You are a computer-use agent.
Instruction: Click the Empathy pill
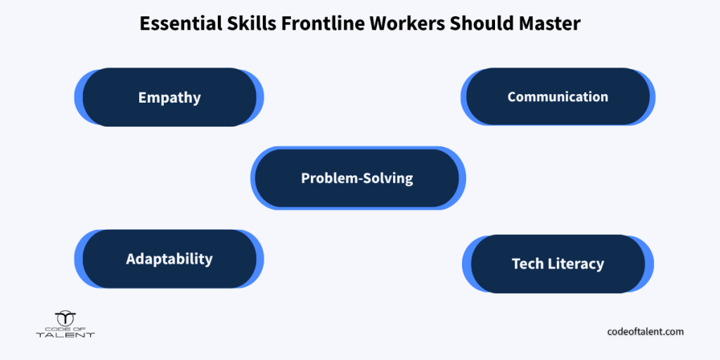click(169, 97)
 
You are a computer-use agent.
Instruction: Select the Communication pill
click(558, 96)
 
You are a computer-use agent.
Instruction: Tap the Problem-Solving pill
click(358, 178)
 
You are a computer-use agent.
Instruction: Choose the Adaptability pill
click(169, 259)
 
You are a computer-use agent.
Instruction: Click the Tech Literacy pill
click(558, 264)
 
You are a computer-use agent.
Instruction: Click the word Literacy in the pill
click(577, 264)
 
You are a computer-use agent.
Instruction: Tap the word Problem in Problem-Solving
click(328, 178)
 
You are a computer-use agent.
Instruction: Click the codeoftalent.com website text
click(645, 331)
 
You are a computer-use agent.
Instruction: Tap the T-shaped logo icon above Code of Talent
click(65, 319)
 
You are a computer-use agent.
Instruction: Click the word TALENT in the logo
click(65, 335)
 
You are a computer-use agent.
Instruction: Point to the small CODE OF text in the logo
click(65, 328)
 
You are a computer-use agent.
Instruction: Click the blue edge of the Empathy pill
click(78, 97)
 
